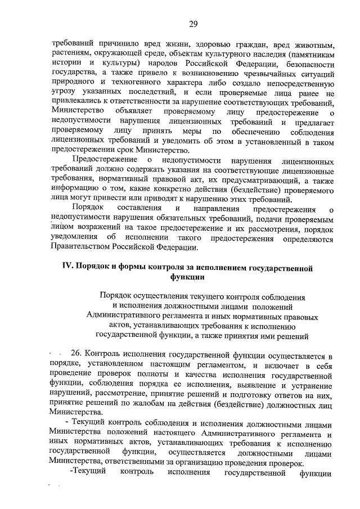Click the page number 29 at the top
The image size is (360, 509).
(x=193, y=23)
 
